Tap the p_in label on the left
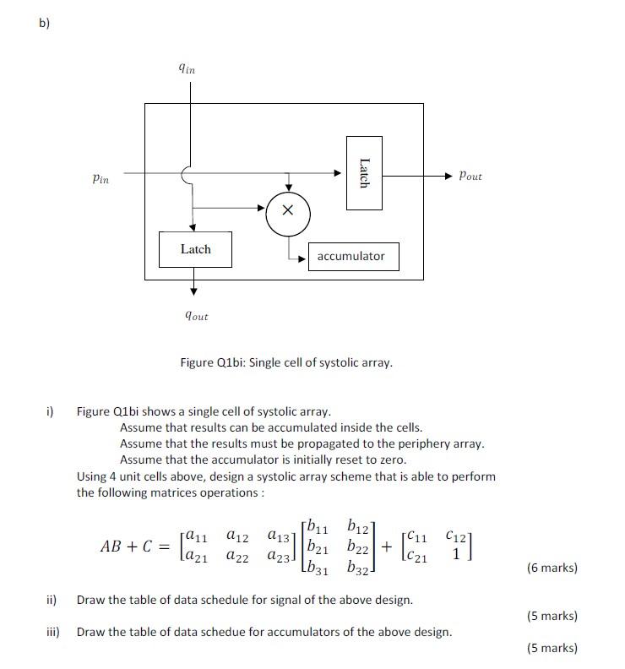coord(101,178)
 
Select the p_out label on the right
coord(470,177)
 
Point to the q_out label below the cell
coord(196,315)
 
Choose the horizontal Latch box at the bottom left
coord(196,249)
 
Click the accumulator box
coord(351,256)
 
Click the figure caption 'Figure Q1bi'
coord(286,362)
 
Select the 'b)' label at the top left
coord(43,23)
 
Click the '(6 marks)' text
coord(552,568)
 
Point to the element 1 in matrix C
coord(457,555)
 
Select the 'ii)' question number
coord(51,600)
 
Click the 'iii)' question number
coord(51,632)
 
